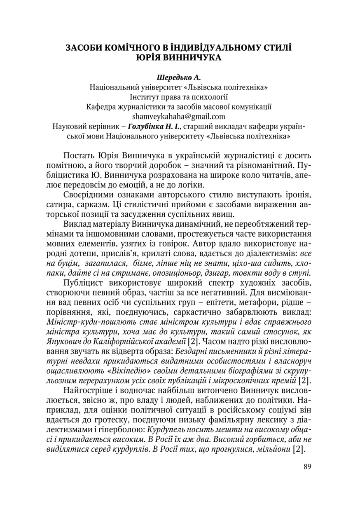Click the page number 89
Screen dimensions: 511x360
(x=306, y=466)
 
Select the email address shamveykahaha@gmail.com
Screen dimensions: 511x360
(x=179, y=117)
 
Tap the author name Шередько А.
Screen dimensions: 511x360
(x=179, y=77)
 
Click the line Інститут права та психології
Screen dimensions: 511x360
(x=179, y=97)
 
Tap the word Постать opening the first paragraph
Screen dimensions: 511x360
(x=79, y=156)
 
